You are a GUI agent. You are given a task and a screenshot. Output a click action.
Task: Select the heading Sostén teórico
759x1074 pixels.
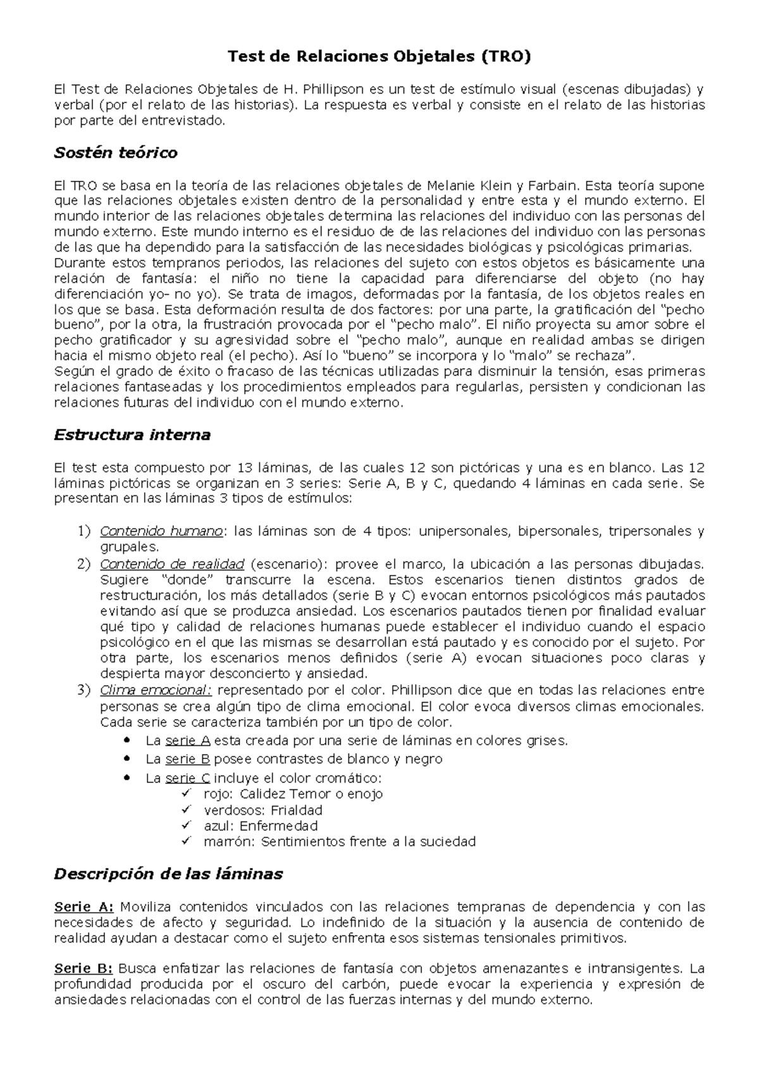click(x=116, y=152)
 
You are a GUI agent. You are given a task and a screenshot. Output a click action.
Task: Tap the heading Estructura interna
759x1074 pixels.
click(x=132, y=435)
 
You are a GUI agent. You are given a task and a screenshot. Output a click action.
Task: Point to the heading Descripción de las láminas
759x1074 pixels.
click(x=168, y=874)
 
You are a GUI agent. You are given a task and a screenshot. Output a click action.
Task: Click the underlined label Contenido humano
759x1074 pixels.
click(x=161, y=531)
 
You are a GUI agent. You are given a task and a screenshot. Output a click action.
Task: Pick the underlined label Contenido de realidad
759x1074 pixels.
click(x=172, y=564)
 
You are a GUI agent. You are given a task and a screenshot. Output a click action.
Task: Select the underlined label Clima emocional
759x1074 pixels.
click(x=156, y=690)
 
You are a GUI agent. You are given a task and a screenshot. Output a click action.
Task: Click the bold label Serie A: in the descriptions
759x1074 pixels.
click(x=83, y=907)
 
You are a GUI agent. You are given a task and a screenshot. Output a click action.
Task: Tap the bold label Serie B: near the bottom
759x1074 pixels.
click(x=83, y=968)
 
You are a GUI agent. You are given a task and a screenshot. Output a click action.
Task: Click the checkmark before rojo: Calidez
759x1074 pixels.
click(x=185, y=793)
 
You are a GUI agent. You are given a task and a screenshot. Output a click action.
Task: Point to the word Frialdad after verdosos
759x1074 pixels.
click(x=297, y=810)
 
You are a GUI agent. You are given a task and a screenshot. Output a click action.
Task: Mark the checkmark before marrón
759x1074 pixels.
click(x=185, y=841)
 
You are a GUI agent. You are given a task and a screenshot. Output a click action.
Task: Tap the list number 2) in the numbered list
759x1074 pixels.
click(x=84, y=564)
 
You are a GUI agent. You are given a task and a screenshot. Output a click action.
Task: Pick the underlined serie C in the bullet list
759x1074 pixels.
click(x=187, y=778)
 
